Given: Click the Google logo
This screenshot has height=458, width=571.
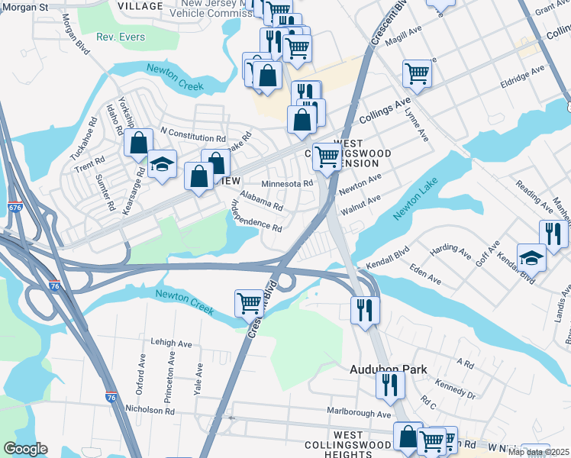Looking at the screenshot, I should click(x=25, y=449).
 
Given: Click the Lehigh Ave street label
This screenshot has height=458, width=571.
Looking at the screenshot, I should click(x=171, y=343).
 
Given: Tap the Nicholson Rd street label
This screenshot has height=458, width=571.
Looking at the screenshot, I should click(x=150, y=410).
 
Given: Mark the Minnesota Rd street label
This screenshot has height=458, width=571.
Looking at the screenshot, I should click(x=287, y=184).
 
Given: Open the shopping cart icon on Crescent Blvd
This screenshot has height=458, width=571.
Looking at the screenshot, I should click(x=249, y=302).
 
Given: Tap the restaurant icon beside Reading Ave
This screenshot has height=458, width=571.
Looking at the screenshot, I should click(x=553, y=233).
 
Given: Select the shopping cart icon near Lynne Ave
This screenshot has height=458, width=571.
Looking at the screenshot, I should click(x=417, y=73).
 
